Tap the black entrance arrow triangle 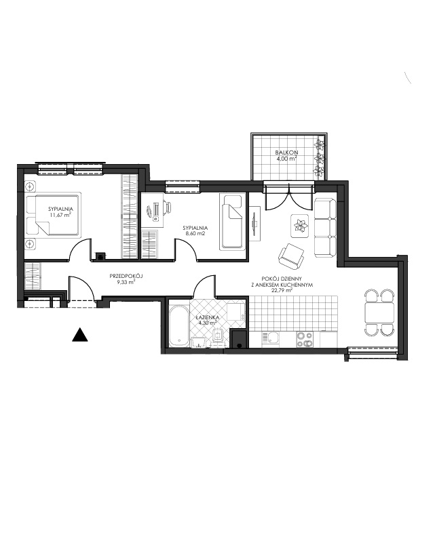point(79,334)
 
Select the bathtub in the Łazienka point(179,326)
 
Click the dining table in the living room point(379,312)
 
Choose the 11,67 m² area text point(60,215)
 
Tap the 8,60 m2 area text point(195,234)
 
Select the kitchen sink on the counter point(270,338)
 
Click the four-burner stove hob point(305,339)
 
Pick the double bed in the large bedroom point(54,216)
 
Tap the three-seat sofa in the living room point(325,228)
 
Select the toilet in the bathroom point(218,338)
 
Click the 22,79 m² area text point(282,291)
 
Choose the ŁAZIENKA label point(207,317)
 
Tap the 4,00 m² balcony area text point(286,158)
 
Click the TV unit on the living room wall point(255,223)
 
